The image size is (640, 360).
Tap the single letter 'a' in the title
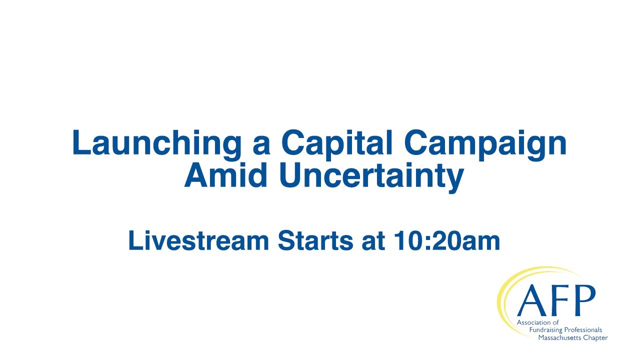[x=261, y=146]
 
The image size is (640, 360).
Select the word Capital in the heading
[x=337, y=145]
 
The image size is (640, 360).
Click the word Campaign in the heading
[x=485, y=145]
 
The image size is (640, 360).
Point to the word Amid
[x=225, y=175]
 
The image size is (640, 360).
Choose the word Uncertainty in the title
[x=371, y=177]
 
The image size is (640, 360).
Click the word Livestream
[x=198, y=240]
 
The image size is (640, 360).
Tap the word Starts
[x=315, y=240]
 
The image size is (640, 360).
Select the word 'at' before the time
[x=373, y=242]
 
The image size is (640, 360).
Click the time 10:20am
[x=447, y=240]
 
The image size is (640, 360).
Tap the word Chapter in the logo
[x=595, y=338]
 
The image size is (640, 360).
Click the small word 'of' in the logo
[x=555, y=322]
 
